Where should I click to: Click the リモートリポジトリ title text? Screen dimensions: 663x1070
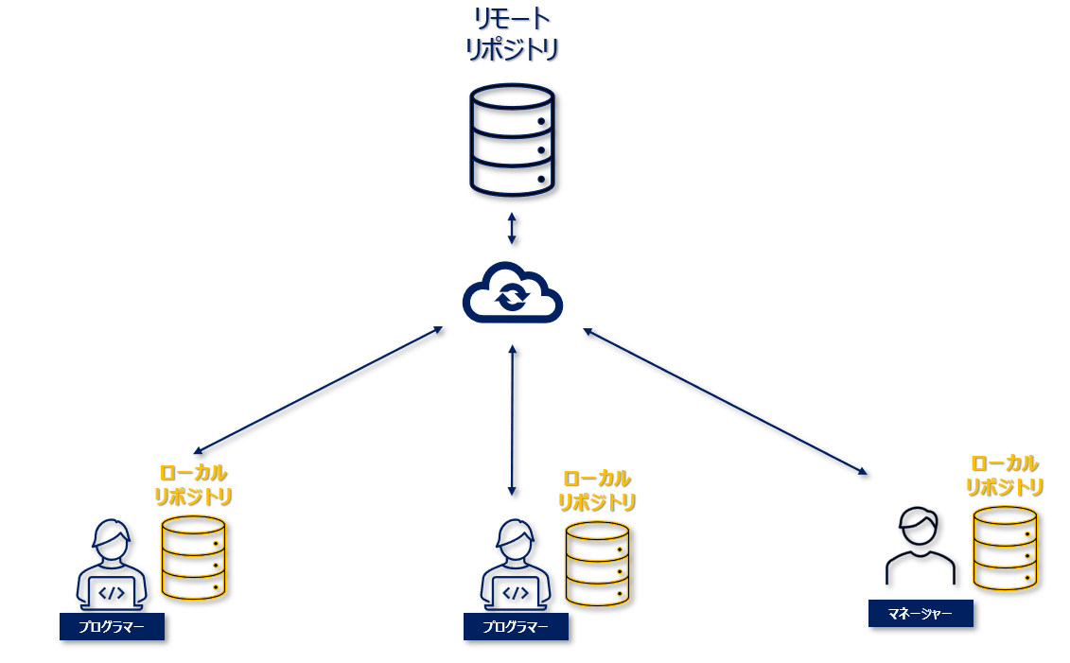coord(512,34)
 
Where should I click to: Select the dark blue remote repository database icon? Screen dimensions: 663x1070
coord(512,140)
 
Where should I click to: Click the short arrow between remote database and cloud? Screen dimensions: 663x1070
coord(512,229)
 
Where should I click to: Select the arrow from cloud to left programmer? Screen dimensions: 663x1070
coord(318,390)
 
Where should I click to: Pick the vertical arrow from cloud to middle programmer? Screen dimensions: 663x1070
coord(512,420)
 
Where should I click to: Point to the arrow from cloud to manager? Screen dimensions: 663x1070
coord(725,401)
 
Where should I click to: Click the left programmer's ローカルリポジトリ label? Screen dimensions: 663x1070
coord(193,484)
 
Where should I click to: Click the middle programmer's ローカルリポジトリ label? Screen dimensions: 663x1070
coord(596,490)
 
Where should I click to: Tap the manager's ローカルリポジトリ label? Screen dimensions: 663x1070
coord(1005,475)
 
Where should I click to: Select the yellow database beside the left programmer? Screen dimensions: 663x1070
coord(193,557)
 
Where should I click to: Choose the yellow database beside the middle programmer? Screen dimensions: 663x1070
coord(597,564)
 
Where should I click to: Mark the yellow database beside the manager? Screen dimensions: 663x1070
coord(1005,549)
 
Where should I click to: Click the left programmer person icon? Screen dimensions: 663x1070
coord(112,565)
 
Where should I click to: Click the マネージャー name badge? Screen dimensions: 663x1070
coord(921,613)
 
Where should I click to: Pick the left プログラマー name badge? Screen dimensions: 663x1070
coord(112,626)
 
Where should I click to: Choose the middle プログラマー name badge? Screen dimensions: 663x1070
coord(516,626)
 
